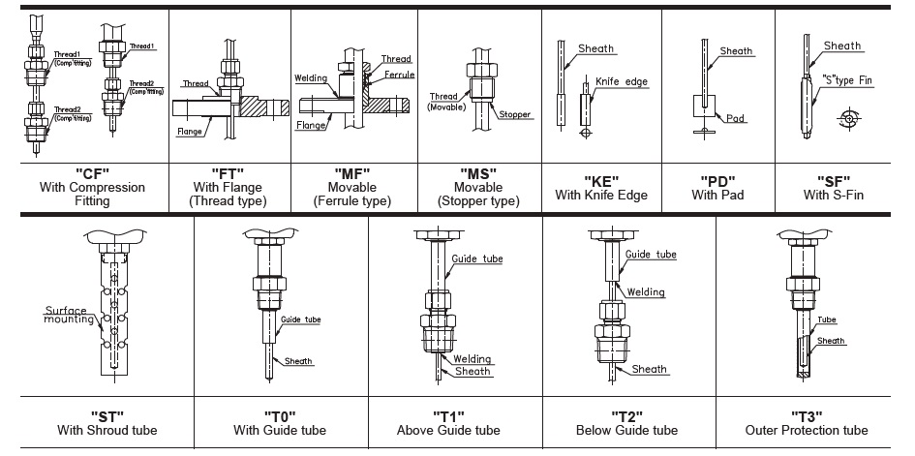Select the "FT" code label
(225, 173)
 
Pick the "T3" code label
(807, 415)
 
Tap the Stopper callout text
(516, 114)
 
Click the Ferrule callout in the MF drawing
(398, 74)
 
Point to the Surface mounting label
(69, 315)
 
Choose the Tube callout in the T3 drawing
(826, 320)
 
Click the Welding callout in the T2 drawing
(645, 291)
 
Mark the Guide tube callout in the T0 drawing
(300, 319)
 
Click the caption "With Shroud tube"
(107, 430)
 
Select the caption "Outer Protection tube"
(807, 430)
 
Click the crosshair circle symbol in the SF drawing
(850, 120)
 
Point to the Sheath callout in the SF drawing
(841, 46)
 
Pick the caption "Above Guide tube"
(448, 430)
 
